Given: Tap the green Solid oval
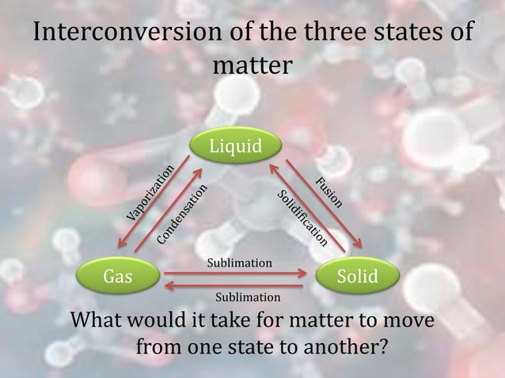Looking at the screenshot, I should [357, 277].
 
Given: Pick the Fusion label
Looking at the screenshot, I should [328, 192].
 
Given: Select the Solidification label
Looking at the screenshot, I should [302, 217].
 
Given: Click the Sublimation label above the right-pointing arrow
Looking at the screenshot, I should [239, 262].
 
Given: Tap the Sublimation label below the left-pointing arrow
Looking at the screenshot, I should [248, 297].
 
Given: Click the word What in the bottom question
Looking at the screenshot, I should [100, 323].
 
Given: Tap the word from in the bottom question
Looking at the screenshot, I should [161, 347].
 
